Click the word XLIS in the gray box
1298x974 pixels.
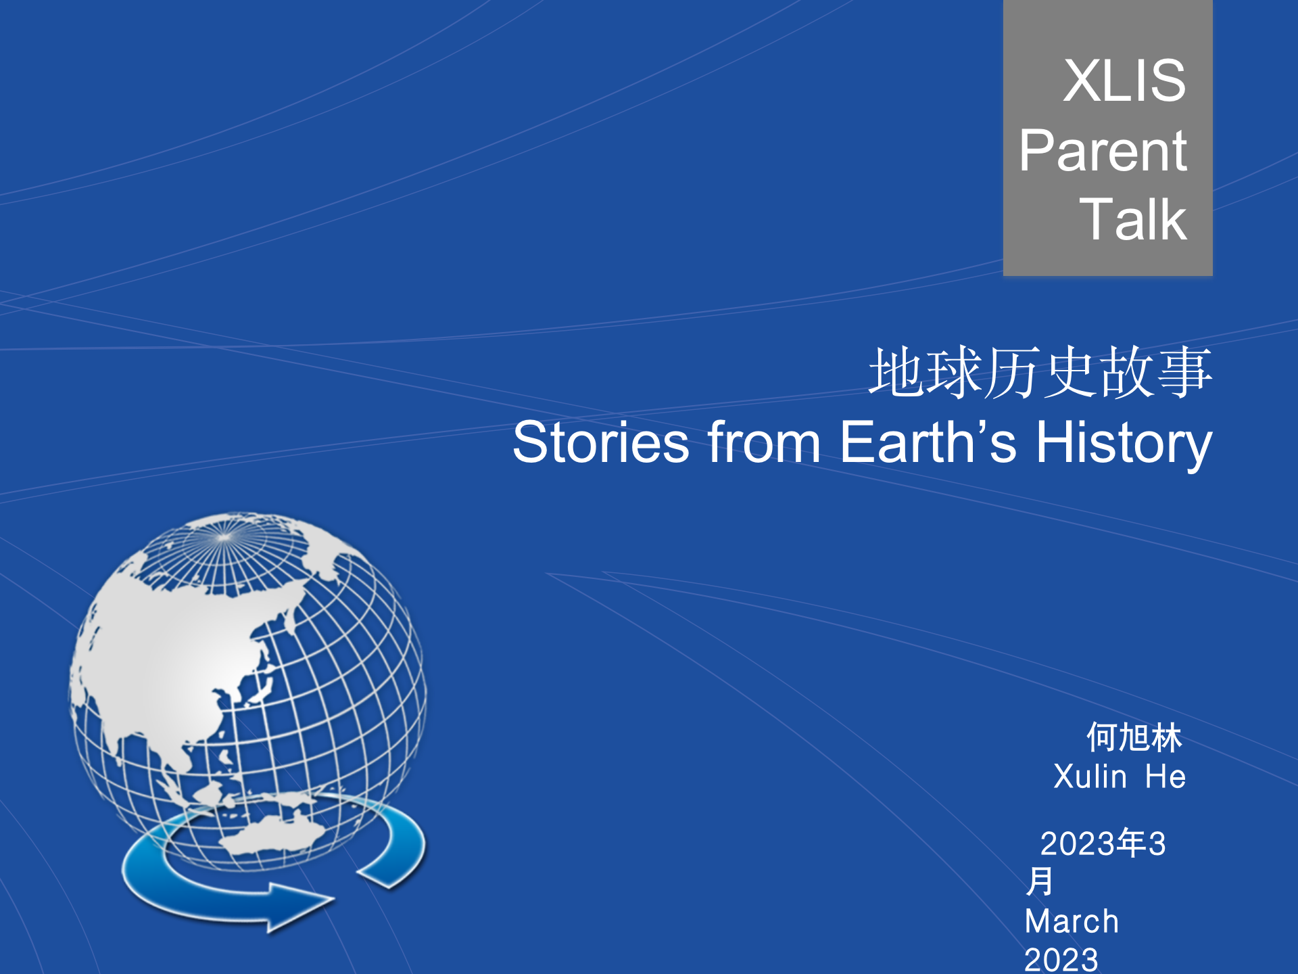[1124, 81]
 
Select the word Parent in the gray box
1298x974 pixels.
[1103, 151]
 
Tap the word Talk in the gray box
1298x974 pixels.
[1132, 220]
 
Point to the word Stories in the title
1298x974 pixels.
[600, 443]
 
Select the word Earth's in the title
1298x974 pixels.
[928, 443]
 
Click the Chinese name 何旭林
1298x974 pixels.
[1134, 737]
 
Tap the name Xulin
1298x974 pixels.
[1090, 776]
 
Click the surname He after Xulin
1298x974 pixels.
[1165, 776]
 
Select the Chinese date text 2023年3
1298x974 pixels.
[1103, 843]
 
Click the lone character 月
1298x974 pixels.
[1039, 881]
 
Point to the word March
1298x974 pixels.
[1072, 921]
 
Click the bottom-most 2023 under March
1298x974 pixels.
[1061, 959]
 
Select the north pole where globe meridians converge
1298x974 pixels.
[224, 538]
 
